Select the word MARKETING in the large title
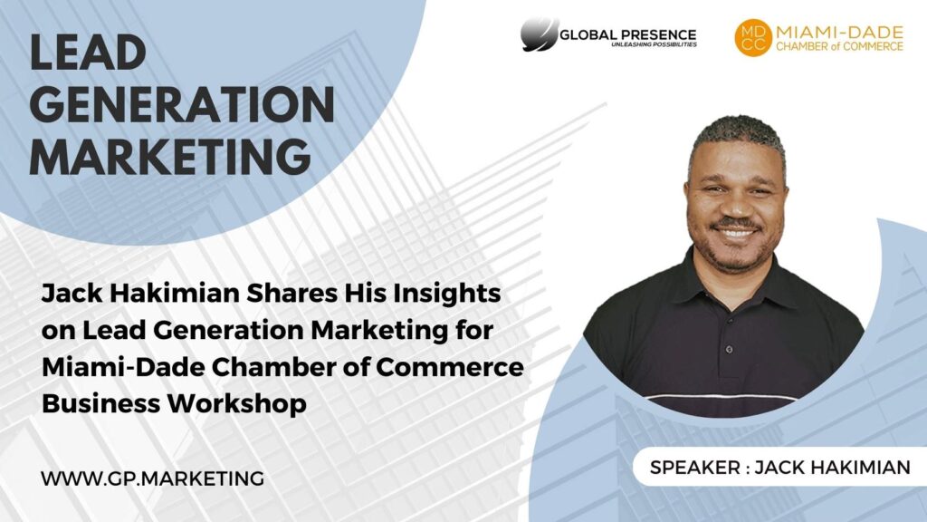click(x=170, y=157)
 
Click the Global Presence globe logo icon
click(x=540, y=34)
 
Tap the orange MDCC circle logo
click(x=753, y=38)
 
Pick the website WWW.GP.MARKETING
click(x=153, y=478)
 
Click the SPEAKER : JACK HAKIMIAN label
click(x=779, y=468)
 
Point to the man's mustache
click(x=734, y=224)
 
